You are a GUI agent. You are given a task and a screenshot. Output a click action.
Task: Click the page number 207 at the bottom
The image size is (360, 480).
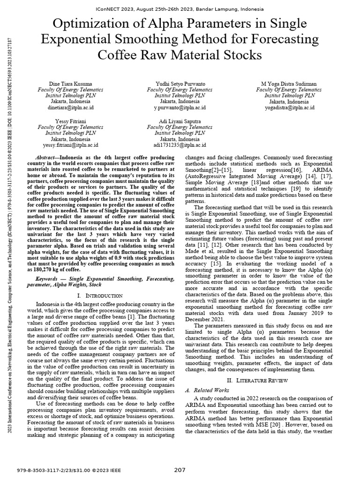pos(180,470)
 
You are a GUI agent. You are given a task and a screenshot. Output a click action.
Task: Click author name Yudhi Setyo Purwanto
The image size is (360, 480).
pos(180,83)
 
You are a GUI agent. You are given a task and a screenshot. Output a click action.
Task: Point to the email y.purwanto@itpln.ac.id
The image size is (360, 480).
pos(180,108)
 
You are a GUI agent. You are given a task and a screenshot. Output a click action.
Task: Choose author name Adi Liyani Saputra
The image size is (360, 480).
pos(180,121)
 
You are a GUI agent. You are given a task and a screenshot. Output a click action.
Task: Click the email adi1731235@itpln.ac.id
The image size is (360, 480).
pos(180,145)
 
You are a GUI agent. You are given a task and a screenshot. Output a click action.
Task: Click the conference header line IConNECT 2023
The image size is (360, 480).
pos(180,9)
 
